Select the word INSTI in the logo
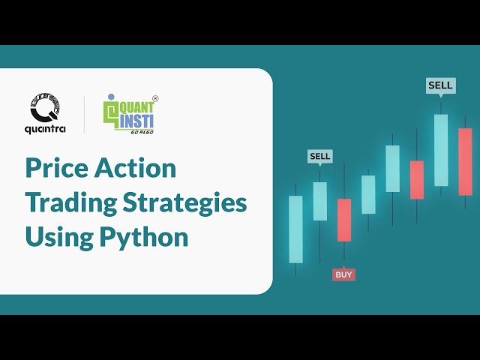coord(136,119)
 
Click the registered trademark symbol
coord(155,98)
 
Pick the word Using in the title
coord(52,237)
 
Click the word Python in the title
coord(145,237)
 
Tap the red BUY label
coord(343,274)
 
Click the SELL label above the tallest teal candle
coord(440,85)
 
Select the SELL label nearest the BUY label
coord(319,157)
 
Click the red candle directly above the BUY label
coord(343,220)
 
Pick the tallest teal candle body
coord(440,150)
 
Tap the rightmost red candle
coord(465,161)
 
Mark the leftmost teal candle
coord(295,229)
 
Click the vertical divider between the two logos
coord(85,115)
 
